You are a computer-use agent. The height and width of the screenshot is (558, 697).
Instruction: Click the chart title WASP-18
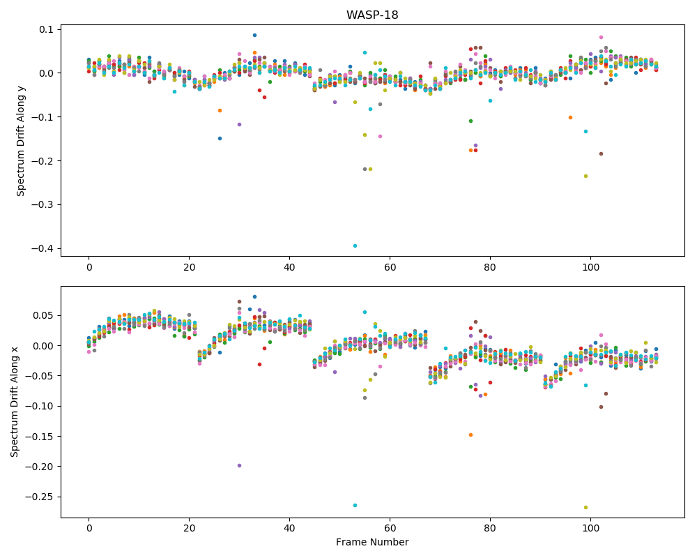coord(372,15)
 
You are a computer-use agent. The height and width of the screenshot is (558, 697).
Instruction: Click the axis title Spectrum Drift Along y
coord(20,140)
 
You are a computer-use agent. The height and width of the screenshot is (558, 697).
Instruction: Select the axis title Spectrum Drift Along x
coord(15,402)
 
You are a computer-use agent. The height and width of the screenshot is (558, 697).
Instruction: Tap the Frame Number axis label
coord(372,542)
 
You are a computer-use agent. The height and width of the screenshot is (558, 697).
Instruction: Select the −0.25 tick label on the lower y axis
coord(39,497)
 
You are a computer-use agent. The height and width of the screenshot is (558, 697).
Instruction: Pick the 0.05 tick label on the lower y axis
coord(43,315)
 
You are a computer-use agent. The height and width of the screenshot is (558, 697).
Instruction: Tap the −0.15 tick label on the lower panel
coord(39,437)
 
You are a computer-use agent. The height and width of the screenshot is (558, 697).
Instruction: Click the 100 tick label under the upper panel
coord(590,267)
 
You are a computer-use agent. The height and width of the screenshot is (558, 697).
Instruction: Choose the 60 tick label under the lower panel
coord(390,529)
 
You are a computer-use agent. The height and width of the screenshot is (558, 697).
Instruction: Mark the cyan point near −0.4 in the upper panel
coord(355,246)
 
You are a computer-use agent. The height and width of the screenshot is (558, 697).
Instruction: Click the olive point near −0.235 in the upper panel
coord(585,176)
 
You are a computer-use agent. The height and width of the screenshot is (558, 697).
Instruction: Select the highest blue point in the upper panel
coord(254,35)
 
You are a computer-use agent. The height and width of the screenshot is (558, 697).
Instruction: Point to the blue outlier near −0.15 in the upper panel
coord(220,138)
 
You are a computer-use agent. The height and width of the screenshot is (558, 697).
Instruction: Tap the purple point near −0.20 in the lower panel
coord(239,465)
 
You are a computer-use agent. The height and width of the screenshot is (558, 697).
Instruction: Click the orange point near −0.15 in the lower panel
coord(470,435)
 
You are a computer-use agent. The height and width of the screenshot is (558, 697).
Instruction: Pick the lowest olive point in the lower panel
coord(585,507)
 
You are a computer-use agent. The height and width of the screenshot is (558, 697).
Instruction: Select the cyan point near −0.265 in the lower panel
coord(355,506)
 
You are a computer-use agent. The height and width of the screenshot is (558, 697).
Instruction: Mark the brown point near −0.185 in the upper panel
coord(601,154)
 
